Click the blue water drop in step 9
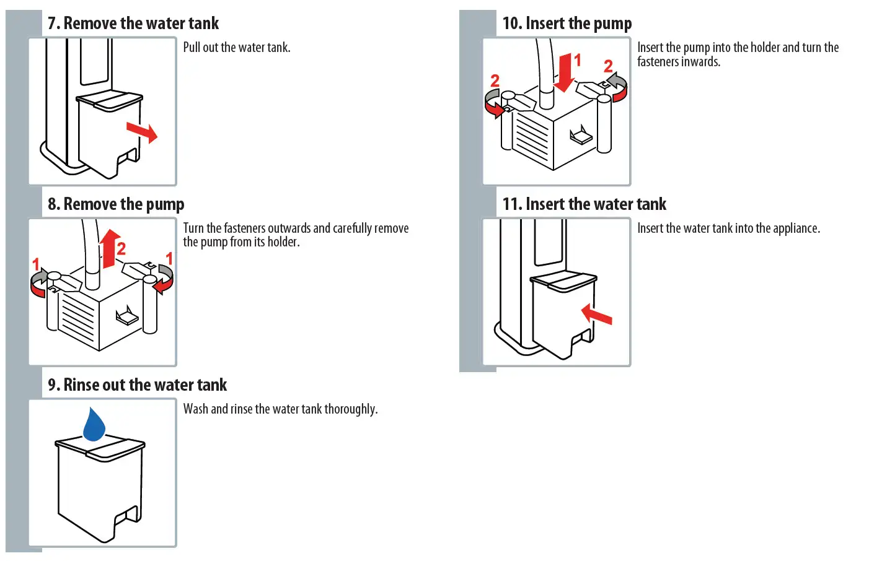point(94,425)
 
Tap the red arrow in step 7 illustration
point(142,132)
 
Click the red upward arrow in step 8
point(110,248)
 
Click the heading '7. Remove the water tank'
point(133,24)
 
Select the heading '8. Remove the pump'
point(116,204)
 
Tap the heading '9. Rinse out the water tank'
point(138,385)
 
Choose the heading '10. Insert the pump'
point(567,24)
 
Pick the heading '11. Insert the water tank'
point(584,204)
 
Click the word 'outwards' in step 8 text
point(289,228)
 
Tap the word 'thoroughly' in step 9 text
point(350,409)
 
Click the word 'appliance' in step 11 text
point(796,228)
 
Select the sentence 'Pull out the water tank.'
point(237,48)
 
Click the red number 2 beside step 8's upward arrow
point(121,249)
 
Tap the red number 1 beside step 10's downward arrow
point(578,60)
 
